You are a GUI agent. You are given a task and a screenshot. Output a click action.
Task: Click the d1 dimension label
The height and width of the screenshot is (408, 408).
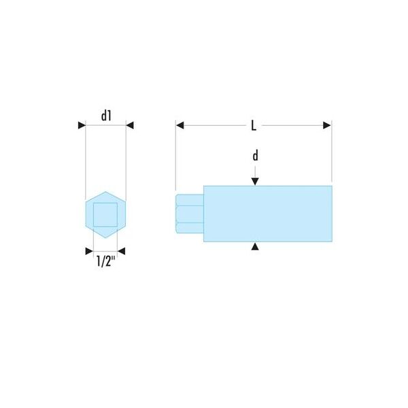coord(106,116)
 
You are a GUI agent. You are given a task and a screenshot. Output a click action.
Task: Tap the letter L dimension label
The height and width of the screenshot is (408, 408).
coord(254,125)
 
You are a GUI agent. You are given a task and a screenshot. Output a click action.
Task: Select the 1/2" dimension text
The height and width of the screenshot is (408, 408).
coord(105,261)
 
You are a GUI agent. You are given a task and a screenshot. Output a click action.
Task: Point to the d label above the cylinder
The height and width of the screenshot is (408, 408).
coord(256,156)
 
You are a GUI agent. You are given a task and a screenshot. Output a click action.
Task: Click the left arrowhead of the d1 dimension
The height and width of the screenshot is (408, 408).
coord(82,125)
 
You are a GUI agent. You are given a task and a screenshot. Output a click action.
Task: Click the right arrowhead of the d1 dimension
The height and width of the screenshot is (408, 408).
coord(130,125)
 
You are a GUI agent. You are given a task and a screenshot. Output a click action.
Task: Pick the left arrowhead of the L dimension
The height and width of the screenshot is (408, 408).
coord(180,125)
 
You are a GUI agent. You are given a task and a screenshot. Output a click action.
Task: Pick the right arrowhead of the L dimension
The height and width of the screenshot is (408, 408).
coord(327,125)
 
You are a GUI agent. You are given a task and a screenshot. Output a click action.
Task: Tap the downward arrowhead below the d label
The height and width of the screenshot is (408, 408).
coord(255,182)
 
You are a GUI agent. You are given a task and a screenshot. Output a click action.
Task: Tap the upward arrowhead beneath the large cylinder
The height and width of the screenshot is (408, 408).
coord(255,246)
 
